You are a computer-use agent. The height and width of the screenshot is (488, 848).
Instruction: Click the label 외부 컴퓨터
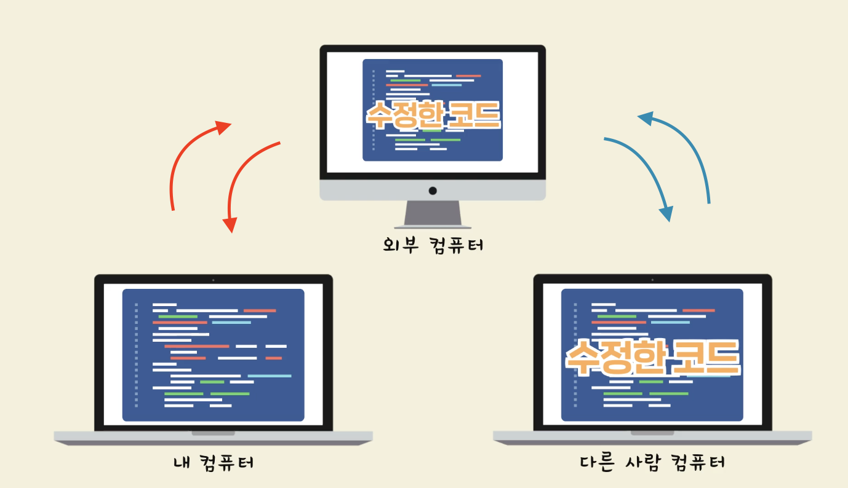tap(432, 245)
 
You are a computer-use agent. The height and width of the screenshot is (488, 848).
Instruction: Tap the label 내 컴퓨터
tap(213, 462)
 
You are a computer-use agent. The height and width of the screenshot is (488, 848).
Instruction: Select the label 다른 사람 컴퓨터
tap(652, 462)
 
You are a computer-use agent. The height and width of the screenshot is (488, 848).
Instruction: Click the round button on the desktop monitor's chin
tap(433, 191)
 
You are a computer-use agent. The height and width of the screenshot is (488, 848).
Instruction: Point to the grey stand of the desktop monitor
tap(433, 214)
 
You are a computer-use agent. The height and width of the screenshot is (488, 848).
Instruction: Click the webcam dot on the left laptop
tap(213, 280)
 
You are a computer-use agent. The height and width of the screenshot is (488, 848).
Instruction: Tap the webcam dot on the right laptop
tap(652, 280)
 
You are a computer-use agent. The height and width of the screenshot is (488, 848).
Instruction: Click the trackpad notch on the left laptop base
tap(213, 433)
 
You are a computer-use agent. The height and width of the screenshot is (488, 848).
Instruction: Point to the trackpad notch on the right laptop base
tap(652, 433)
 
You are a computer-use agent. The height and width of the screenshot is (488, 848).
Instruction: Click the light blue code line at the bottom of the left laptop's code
tap(269, 376)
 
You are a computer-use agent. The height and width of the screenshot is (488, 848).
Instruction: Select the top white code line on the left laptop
tap(164, 304)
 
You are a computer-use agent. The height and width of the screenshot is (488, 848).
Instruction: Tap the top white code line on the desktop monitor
tap(395, 71)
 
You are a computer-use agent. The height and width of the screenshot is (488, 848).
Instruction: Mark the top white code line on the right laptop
tap(604, 304)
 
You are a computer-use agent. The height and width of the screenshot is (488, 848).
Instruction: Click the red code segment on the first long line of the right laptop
tap(698, 310)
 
